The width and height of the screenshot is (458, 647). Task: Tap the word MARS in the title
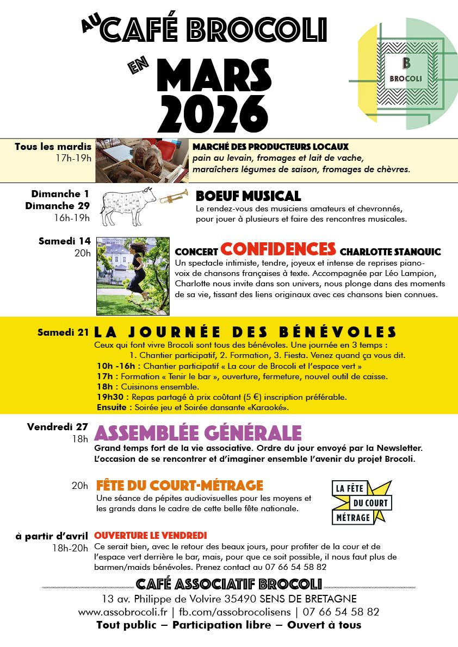(217, 73)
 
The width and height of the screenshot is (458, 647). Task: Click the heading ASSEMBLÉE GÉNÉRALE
(198, 433)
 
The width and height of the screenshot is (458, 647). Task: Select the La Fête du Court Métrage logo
(361, 502)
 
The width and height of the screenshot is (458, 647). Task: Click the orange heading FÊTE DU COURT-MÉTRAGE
(180, 485)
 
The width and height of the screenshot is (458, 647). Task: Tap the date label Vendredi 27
(58, 427)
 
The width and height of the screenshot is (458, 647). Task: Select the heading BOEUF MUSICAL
(248, 196)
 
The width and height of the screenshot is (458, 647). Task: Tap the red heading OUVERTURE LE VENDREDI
(151, 536)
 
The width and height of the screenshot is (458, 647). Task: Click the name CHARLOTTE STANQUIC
(390, 252)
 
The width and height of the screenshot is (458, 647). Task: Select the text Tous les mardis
(53, 147)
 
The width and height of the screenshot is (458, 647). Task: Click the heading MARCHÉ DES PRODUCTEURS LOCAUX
(270, 147)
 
